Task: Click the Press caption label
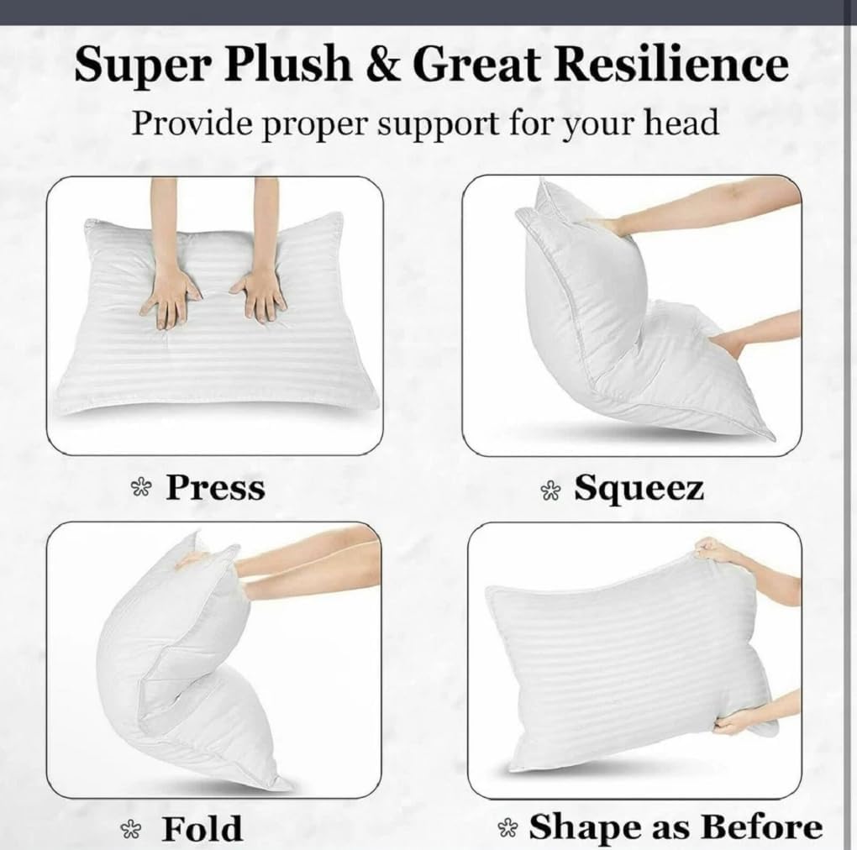coord(215,487)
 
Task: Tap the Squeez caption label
coord(639,488)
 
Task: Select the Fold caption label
coord(202,828)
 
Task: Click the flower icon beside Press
coord(139,490)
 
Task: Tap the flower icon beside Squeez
coord(550,491)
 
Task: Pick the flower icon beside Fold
coord(131,830)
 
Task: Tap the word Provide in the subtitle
coord(189,123)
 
